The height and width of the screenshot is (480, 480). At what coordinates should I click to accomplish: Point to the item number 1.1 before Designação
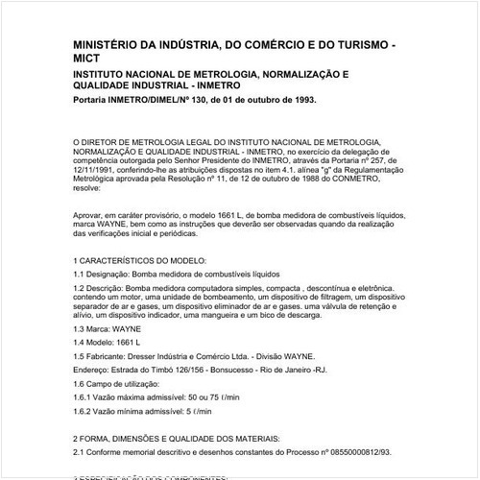click(80, 275)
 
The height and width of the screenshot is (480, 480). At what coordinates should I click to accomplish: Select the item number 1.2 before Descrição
click(80, 289)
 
